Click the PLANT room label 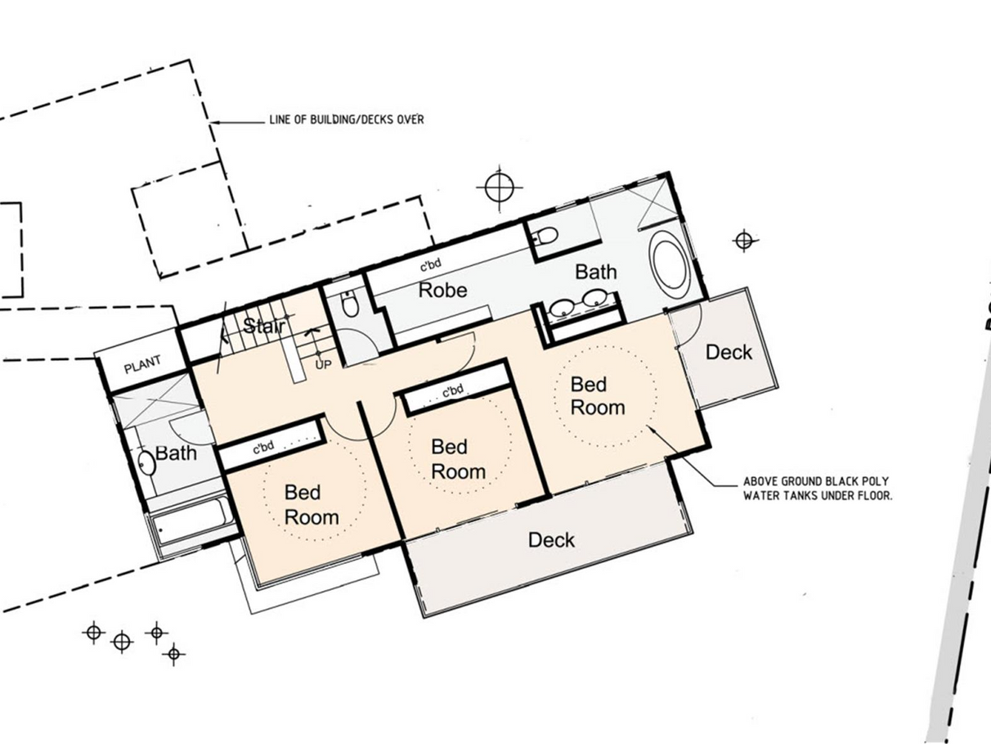point(142,364)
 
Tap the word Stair point(264,325)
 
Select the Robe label point(442,290)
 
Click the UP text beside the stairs point(323,364)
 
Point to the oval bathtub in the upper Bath point(669,264)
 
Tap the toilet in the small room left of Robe point(350,303)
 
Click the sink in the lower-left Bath point(146,462)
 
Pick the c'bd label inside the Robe point(431,264)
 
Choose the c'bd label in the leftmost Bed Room point(263,447)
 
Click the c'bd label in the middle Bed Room point(452,390)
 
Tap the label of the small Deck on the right point(729,352)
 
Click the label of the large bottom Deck point(551,540)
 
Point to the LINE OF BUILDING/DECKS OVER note point(347,119)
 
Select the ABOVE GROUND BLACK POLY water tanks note point(818,489)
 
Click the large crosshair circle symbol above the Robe point(500,187)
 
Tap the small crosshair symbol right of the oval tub point(744,241)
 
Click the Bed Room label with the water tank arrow point(598,396)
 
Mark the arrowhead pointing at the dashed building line point(215,122)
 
